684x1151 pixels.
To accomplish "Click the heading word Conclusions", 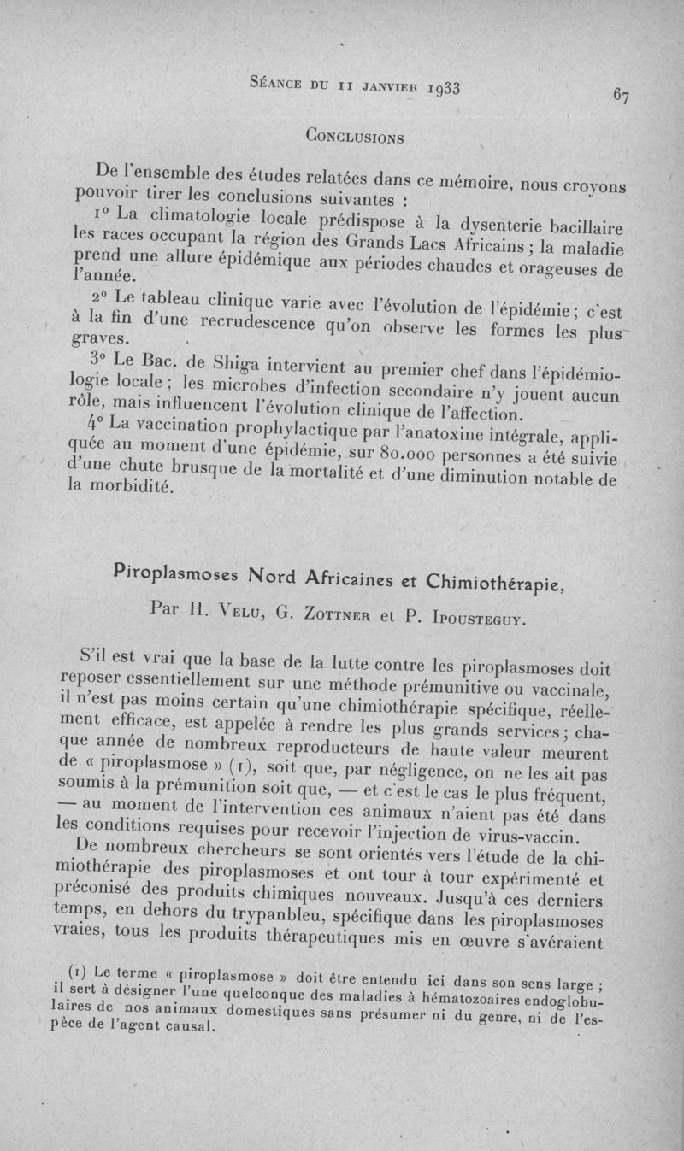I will click(355, 135).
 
